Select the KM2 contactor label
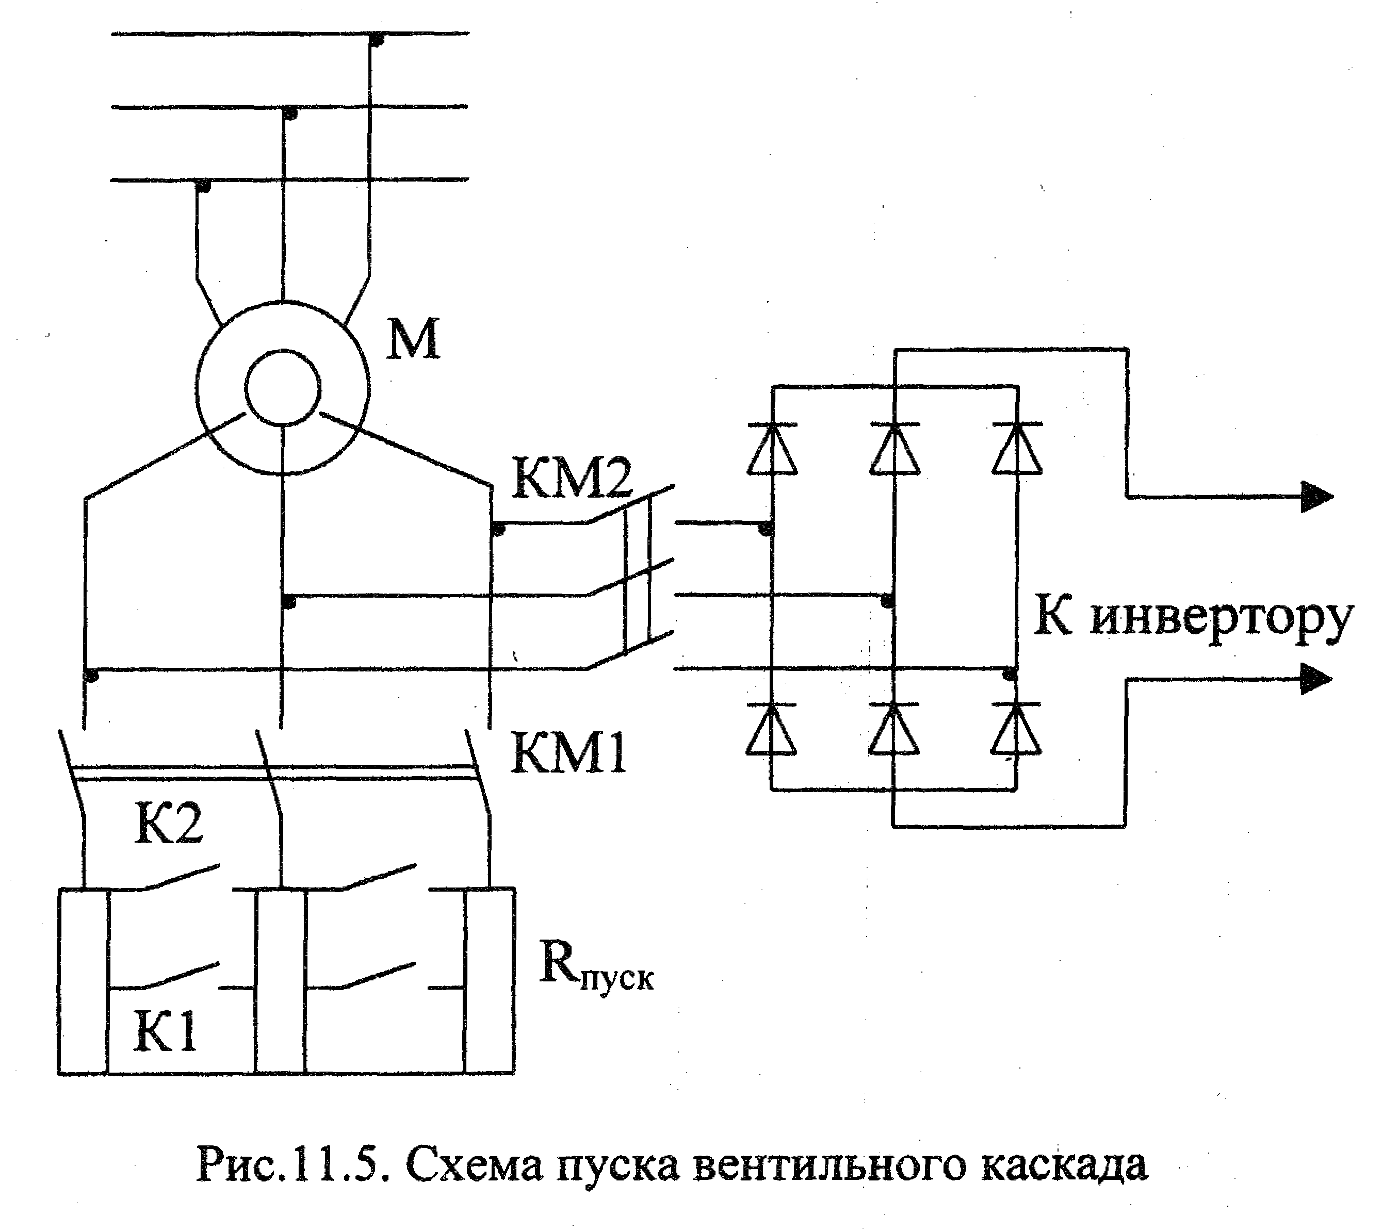point(572,477)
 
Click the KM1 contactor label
point(570,752)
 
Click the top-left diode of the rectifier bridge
point(772,448)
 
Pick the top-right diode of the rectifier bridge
point(1017,448)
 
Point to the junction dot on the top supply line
point(378,40)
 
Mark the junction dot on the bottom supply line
point(202,186)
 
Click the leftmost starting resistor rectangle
point(83,980)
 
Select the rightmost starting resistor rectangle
point(490,980)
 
